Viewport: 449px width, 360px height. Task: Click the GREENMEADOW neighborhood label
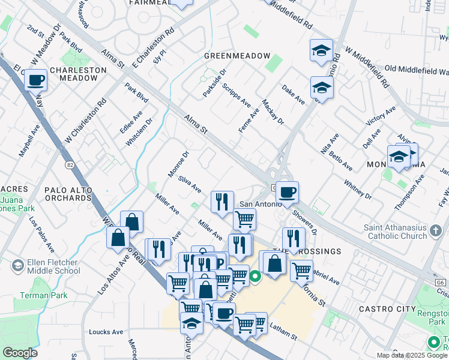(x=237, y=56)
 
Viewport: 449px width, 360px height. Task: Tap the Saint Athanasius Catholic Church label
(x=396, y=232)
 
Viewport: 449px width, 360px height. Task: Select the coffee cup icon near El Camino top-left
(x=36, y=79)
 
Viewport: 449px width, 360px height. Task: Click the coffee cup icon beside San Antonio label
(x=288, y=191)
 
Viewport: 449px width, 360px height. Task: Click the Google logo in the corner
(x=20, y=352)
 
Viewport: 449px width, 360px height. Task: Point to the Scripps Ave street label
(x=236, y=95)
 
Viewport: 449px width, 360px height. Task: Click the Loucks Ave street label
(x=106, y=331)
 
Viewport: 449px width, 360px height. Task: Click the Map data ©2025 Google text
(x=412, y=355)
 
